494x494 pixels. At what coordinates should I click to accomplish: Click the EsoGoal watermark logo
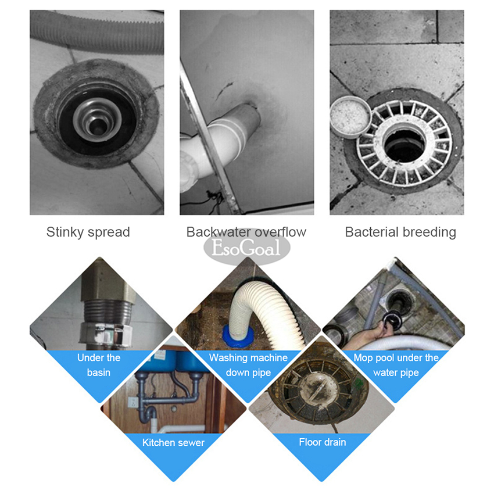pos(246,248)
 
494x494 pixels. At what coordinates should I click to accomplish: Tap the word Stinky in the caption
pos(65,232)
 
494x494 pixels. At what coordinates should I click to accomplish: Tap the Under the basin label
pos(99,365)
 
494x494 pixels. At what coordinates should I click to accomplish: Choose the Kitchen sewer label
pos(173,442)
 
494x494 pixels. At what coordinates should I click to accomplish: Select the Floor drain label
pos(323,442)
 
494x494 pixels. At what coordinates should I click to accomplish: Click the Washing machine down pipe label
pos(248,365)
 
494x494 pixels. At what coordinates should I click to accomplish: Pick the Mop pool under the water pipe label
pos(396,365)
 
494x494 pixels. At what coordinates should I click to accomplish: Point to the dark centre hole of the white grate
pos(404,145)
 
